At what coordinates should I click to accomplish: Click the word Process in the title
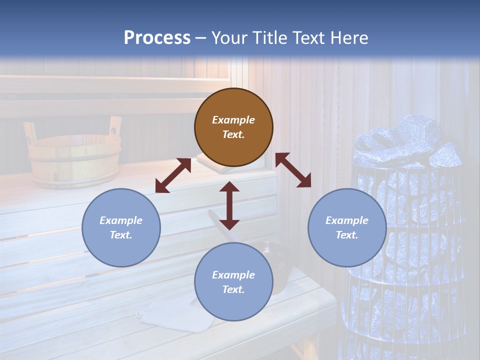coord(157,38)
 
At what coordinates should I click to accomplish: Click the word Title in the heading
coord(267,38)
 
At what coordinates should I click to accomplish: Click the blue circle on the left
coord(121,227)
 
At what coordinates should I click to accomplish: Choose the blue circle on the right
coord(347,227)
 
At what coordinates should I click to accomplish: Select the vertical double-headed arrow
coord(229,205)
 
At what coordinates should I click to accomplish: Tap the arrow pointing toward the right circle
coord(293,170)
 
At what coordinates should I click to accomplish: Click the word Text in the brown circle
coord(233,134)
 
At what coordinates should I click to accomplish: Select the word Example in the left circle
coord(121,220)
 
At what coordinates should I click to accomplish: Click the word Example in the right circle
coord(347,220)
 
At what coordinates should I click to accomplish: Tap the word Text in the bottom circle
coord(233,289)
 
